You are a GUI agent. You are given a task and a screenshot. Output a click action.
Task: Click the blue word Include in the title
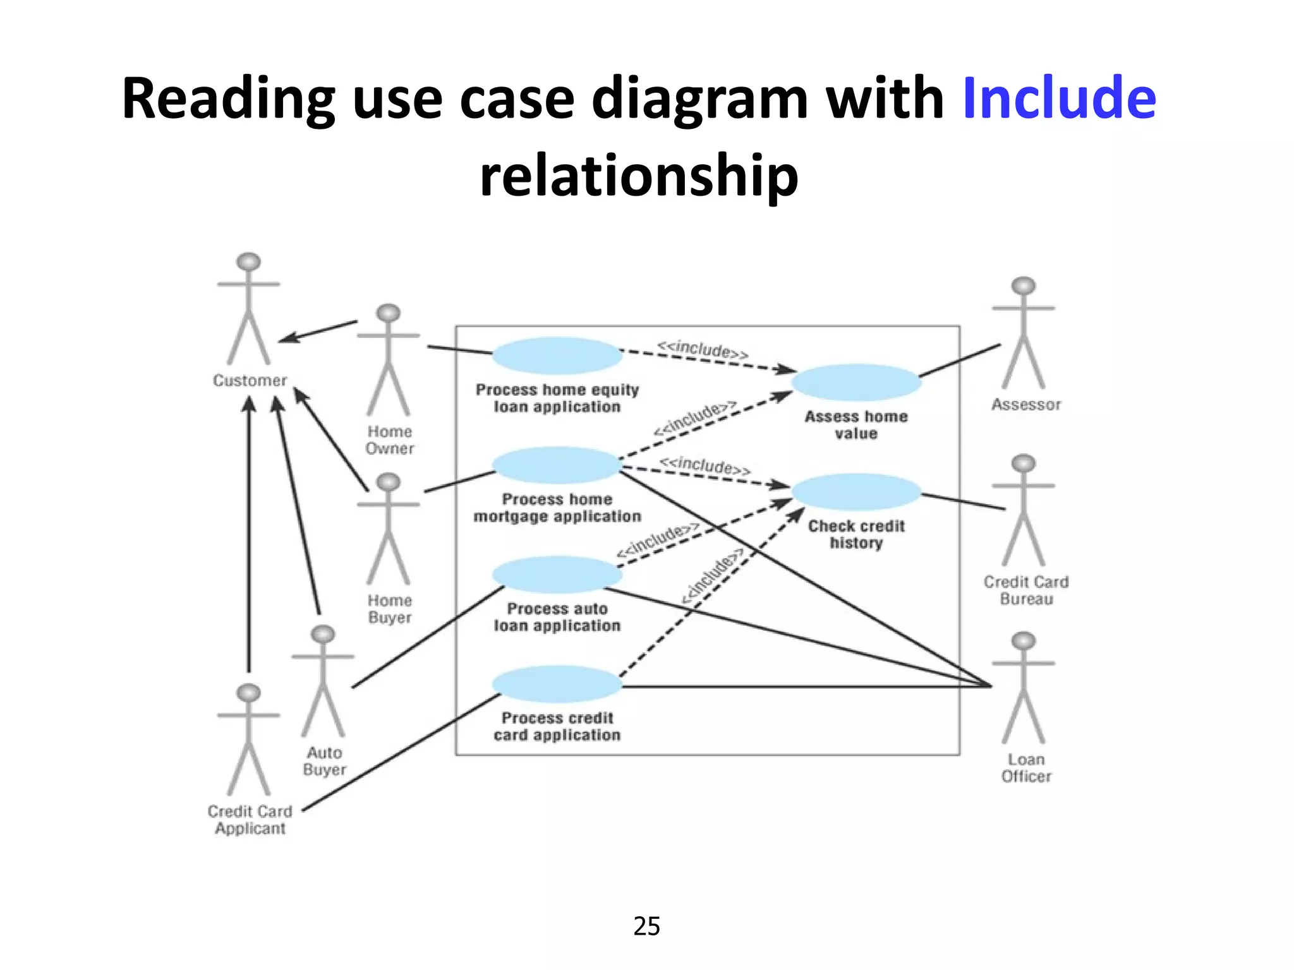(x=1059, y=98)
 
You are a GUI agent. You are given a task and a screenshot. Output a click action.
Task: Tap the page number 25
(x=646, y=926)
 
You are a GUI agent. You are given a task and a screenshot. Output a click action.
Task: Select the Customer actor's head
(x=248, y=261)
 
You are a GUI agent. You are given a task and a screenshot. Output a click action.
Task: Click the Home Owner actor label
(x=389, y=440)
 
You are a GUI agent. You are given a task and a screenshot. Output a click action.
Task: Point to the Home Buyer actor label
(x=389, y=609)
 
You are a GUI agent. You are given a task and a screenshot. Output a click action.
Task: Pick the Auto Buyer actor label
(x=324, y=761)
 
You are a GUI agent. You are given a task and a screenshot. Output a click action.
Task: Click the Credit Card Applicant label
(x=250, y=820)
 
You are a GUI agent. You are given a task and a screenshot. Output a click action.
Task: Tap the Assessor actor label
(x=1025, y=405)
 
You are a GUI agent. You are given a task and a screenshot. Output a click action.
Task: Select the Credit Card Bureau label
(x=1025, y=590)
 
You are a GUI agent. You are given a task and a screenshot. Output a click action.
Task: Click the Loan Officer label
(x=1025, y=768)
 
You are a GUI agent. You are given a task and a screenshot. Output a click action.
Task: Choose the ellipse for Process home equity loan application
(x=557, y=356)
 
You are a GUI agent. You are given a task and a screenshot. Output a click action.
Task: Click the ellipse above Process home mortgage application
(x=557, y=465)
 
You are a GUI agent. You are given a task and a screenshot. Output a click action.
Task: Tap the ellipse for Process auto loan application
(x=557, y=575)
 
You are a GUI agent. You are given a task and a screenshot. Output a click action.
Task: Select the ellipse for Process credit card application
(x=557, y=685)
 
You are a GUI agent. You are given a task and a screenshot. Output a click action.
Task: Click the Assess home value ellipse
(x=856, y=382)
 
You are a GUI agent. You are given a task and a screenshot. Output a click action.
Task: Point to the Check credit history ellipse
(x=856, y=492)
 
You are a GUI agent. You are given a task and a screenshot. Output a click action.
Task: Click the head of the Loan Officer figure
(x=1023, y=641)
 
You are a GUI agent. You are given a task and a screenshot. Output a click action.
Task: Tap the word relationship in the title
(x=639, y=175)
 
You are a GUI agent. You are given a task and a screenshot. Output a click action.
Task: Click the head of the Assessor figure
(x=1023, y=285)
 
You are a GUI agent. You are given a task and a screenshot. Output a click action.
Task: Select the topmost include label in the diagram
(x=703, y=349)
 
